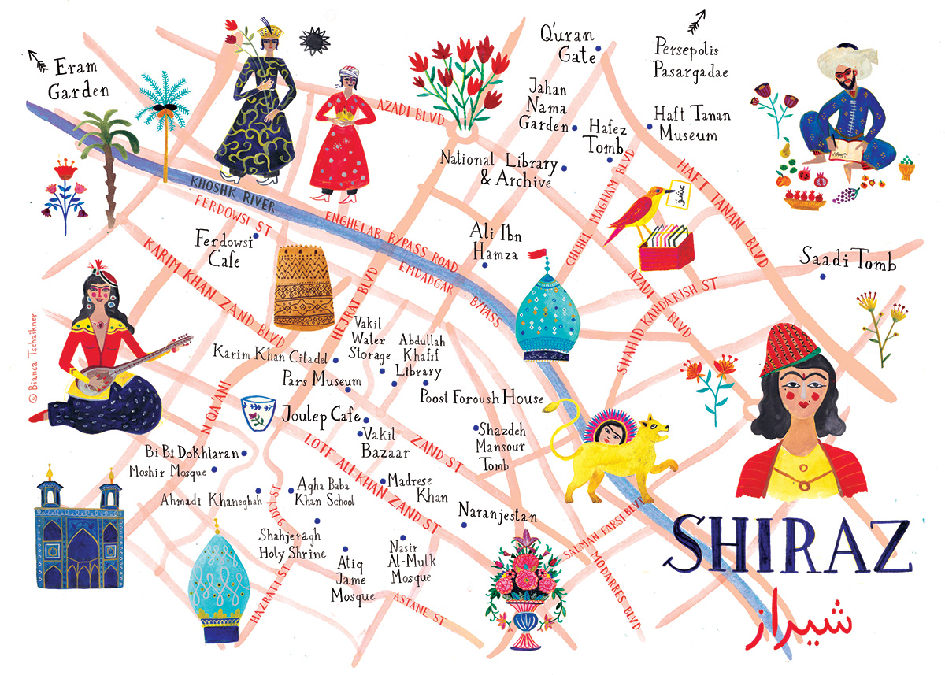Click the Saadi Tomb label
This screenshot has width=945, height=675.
(x=847, y=259)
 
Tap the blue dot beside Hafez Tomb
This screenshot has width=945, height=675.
(x=610, y=160)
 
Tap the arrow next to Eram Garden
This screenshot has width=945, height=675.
(x=37, y=57)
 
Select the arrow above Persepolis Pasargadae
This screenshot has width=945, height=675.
(x=696, y=21)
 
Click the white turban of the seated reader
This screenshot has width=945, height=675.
(x=850, y=58)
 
